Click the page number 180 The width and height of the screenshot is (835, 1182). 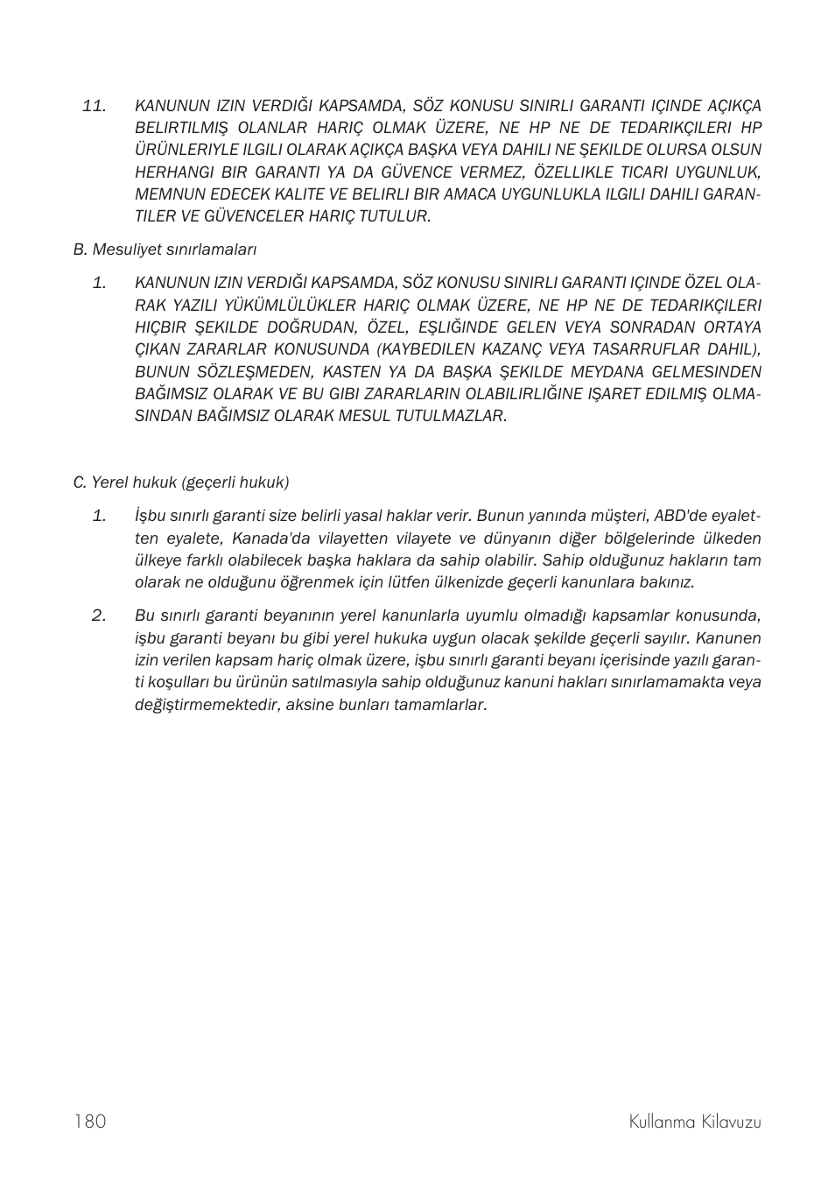click(90, 1122)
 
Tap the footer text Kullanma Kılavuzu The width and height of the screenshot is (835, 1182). click(694, 1122)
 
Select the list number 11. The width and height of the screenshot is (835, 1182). click(94, 106)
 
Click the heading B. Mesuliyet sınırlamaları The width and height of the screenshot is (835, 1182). click(165, 250)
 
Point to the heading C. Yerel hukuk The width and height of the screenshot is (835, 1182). click(180, 482)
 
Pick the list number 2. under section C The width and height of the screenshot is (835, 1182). click(99, 616)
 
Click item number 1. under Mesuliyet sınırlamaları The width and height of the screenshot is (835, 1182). click(99, 283)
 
